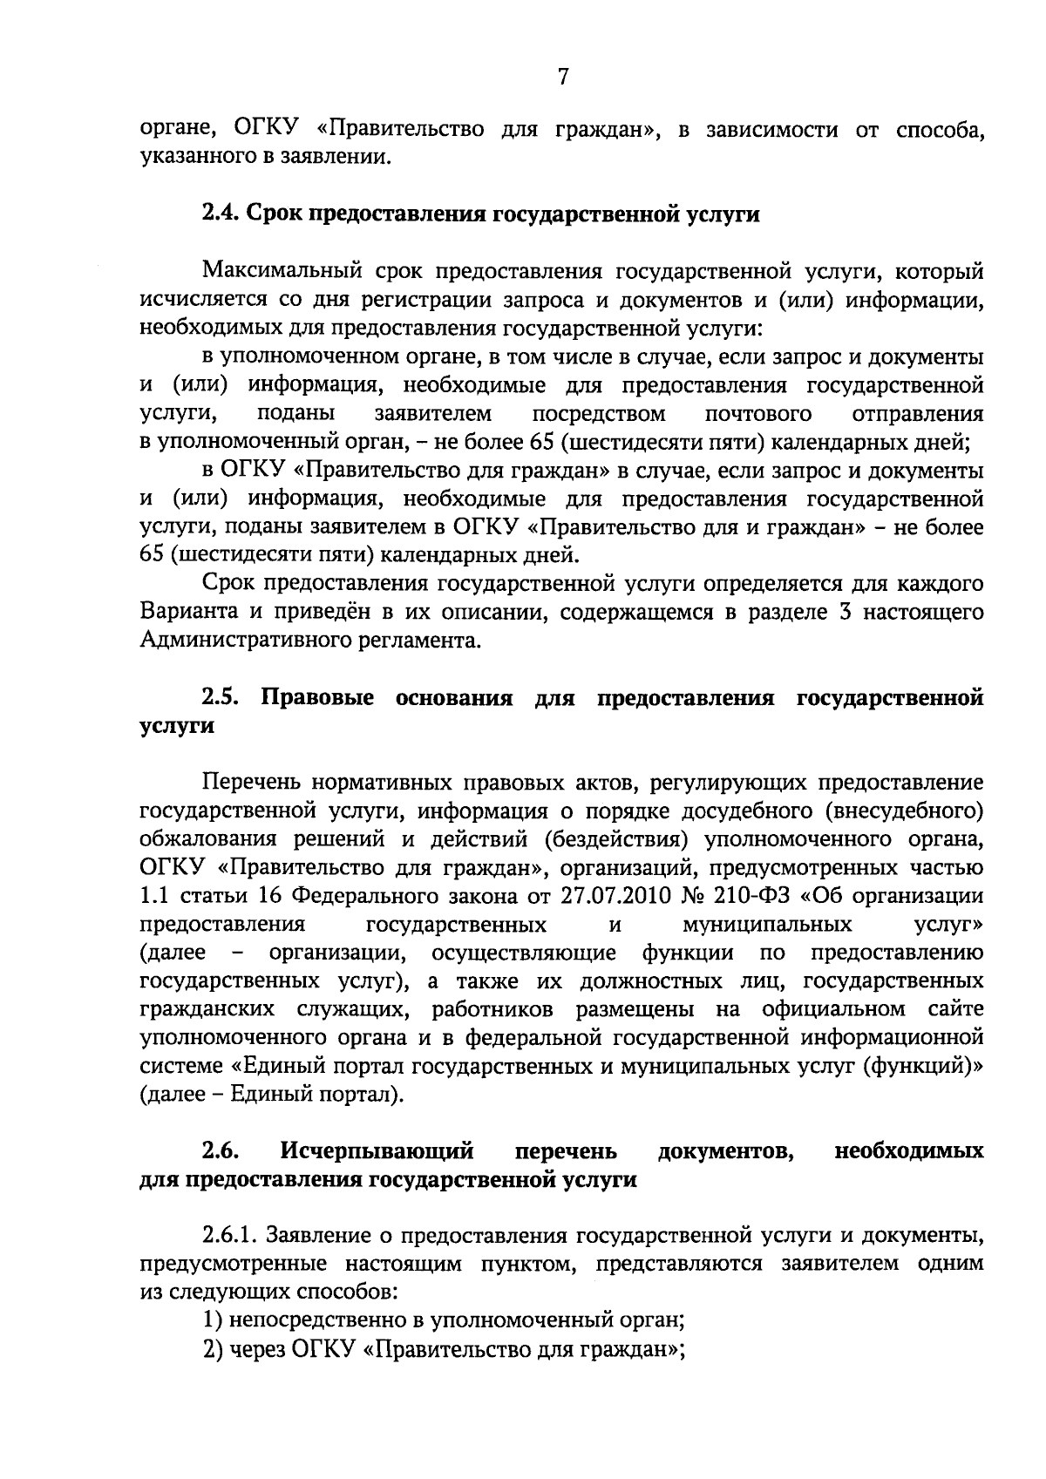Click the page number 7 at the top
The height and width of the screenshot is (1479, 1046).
pos(563,77)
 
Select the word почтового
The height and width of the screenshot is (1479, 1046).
pos(758,413)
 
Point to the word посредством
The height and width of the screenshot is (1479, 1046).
pos(599,413)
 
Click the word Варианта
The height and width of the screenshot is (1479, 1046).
pos(186,612)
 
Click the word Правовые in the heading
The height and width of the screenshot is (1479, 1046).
pos(317,698)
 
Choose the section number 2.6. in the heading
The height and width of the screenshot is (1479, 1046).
pos(221,1151)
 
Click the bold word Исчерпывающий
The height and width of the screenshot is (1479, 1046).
pos(377,1151)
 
